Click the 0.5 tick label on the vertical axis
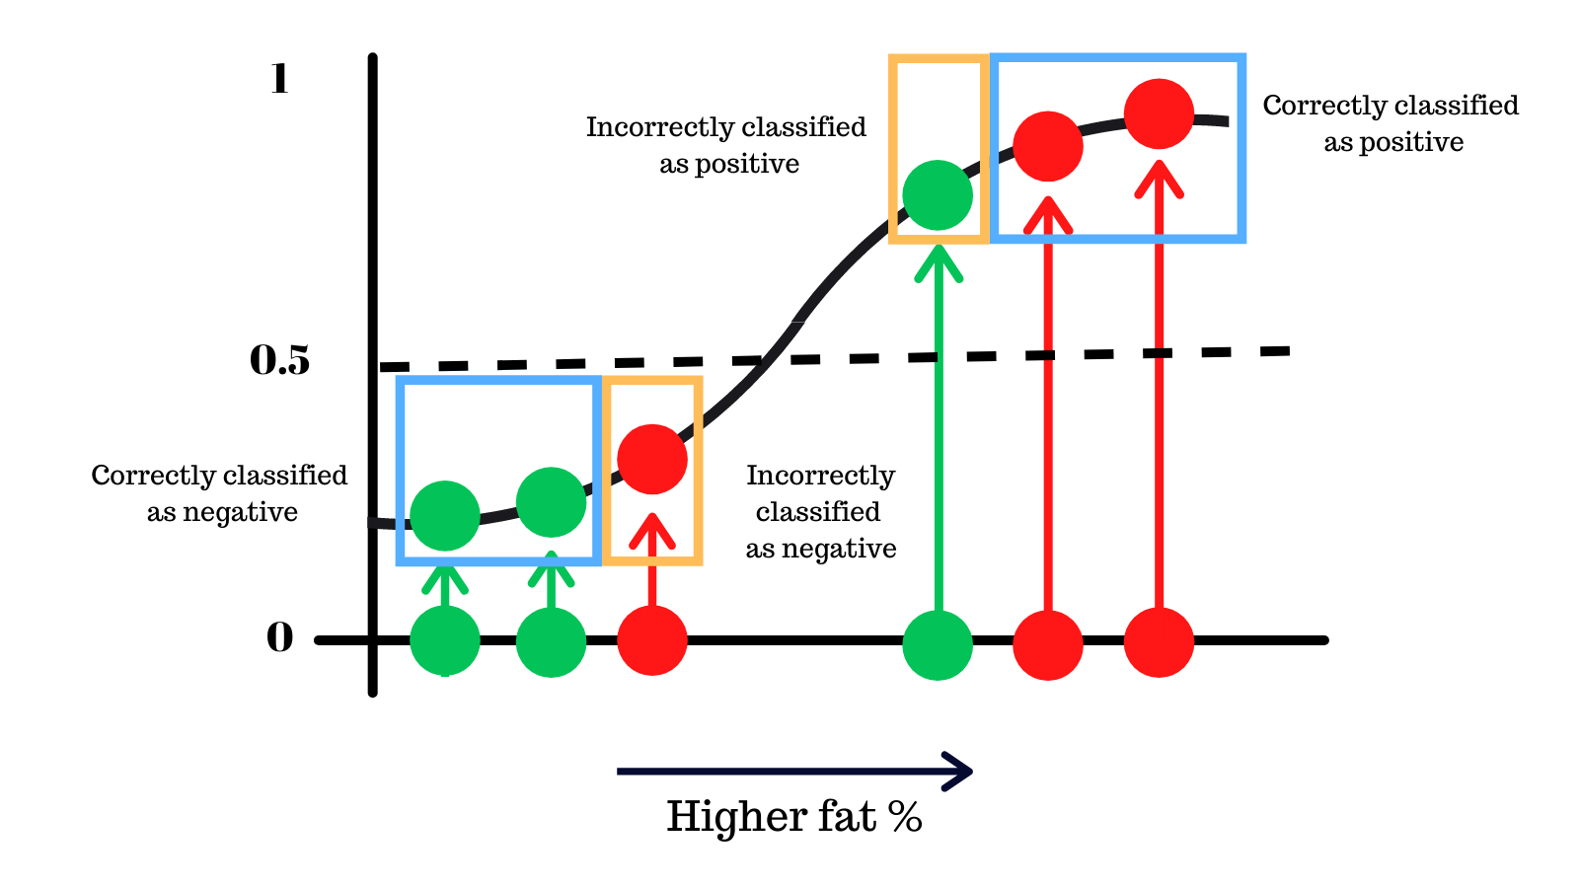[x=279, y=361]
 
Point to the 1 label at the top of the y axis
[x=280, y=79]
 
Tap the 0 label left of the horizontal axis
[x=280, y=638]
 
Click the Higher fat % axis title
[x=794, y=817]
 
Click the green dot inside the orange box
[x=938, y=195]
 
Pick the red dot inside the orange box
[x=652, y=459]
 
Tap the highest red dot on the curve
[x=1159, y=113]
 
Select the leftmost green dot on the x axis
[x=445, y=641]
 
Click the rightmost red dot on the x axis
[x=1159, y=642]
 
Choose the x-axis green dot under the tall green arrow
[x=938, y=645]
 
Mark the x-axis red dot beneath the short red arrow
[x=652, y=640]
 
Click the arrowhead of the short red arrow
[x=652, y=527]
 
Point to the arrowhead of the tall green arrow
[x=938, y=259]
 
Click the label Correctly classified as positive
[x=1391, y=123]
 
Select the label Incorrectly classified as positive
[x=727, y=145]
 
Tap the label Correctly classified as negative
[x=220, y=493]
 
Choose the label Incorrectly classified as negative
[x=820, y=512]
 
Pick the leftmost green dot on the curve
[x=445, y=515]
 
